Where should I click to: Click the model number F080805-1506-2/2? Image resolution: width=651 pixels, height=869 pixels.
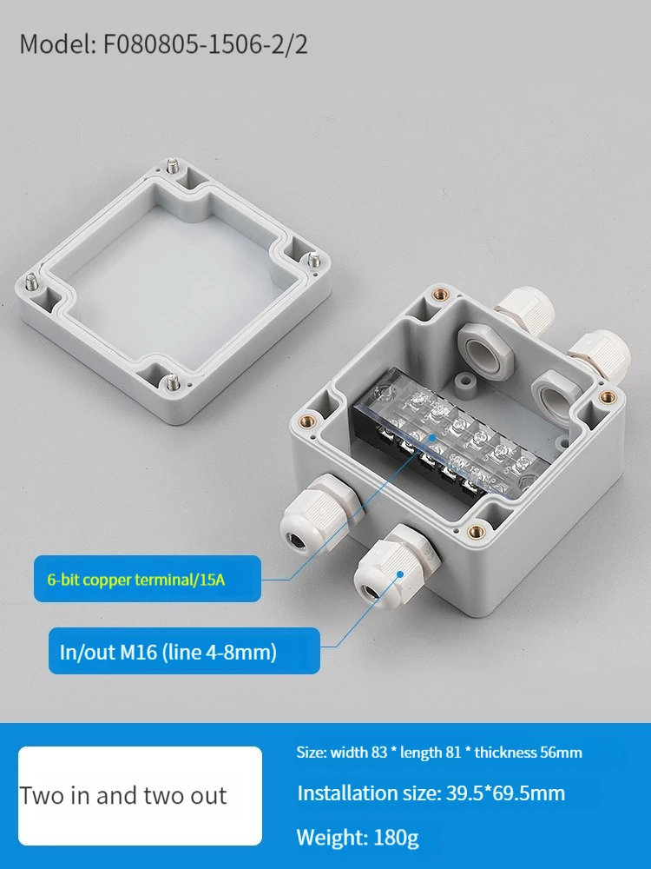point(206,44)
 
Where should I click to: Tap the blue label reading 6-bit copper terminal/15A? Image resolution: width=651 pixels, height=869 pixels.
point(148,579)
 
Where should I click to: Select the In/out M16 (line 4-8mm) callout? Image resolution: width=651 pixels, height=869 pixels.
point(184,651)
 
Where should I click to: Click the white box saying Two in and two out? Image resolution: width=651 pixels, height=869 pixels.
point(140,796)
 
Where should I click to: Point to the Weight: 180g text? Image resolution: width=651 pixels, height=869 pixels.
point(358,837)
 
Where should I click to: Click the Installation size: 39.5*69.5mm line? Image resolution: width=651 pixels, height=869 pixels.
point(431,793)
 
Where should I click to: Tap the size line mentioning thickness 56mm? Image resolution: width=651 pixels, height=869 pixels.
point(439,752)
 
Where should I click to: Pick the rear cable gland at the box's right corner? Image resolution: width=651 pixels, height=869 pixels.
point(600,355)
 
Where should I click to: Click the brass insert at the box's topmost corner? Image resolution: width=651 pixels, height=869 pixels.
point(441,295)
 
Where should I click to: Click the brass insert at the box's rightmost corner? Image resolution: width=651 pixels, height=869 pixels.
point(608,396)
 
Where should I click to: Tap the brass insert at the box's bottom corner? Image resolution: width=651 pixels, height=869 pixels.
point(476,532)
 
